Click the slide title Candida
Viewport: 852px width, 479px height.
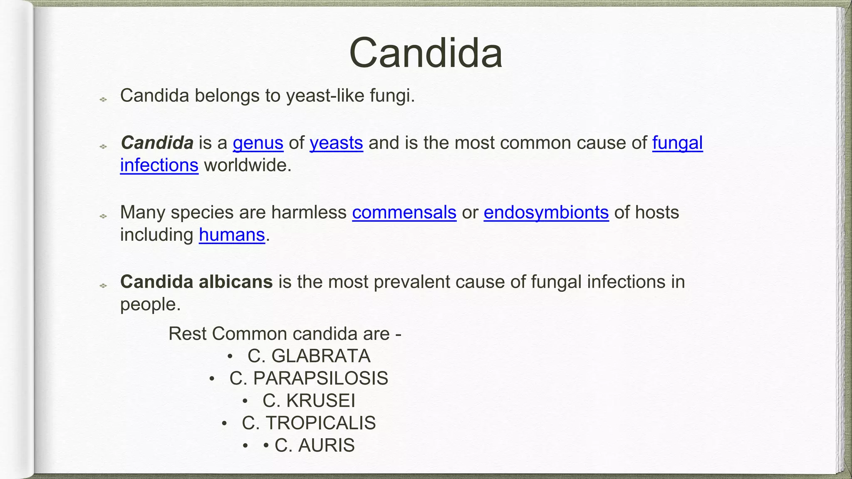[x=426, y=53]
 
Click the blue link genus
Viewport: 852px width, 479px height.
[x=258, y=143]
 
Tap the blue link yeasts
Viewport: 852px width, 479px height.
[x=336, y=143]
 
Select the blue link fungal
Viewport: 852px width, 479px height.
[x=677, y=143]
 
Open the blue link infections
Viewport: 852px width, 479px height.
[x=159, y=165]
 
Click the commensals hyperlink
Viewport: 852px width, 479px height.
[x=404, y=212]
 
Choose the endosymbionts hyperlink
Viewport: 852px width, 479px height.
[x=546, y=212]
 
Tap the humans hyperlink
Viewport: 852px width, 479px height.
[x=232, y=235]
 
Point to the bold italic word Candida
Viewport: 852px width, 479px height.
[x=157, y=143]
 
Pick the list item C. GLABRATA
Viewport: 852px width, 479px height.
[x=308, y=356]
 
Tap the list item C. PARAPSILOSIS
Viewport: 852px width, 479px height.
[x=308, y=378]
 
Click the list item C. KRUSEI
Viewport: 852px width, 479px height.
[x=308, y=401]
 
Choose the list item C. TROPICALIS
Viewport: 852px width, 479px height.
[x=308, y=423]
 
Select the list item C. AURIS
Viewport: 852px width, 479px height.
[x=314, y=445]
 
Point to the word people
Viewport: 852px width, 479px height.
[x=150, y=305]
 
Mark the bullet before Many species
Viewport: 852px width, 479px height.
[x=103, y=216]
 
